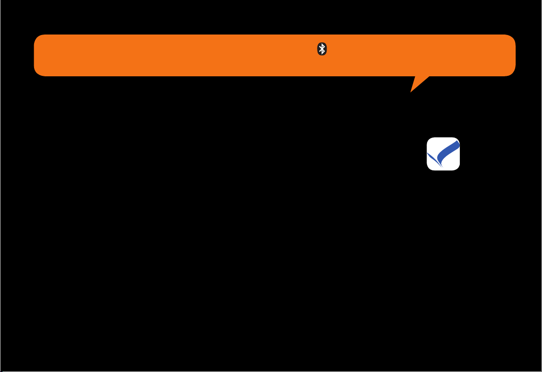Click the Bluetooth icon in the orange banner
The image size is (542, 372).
[322, 50]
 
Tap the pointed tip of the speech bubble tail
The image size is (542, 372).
[411, 92]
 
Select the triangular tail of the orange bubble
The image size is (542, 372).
[418, 82]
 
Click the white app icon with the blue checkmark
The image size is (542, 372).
[443, 154]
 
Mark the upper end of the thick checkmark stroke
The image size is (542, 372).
[457, 143]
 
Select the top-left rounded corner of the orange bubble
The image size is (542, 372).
[38, 38]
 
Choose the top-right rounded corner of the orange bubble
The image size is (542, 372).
[511, 38]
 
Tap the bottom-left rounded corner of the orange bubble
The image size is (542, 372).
[38, 72]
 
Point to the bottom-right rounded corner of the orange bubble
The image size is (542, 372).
[511, 72]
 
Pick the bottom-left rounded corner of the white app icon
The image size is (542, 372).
[429, 168]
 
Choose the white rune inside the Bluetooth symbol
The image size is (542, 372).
[322, 50]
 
